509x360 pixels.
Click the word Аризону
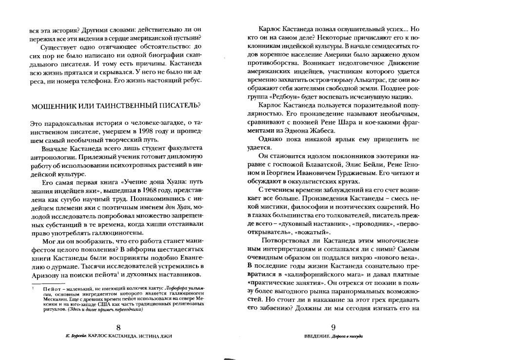pyautogui.click(x=44, y=275)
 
